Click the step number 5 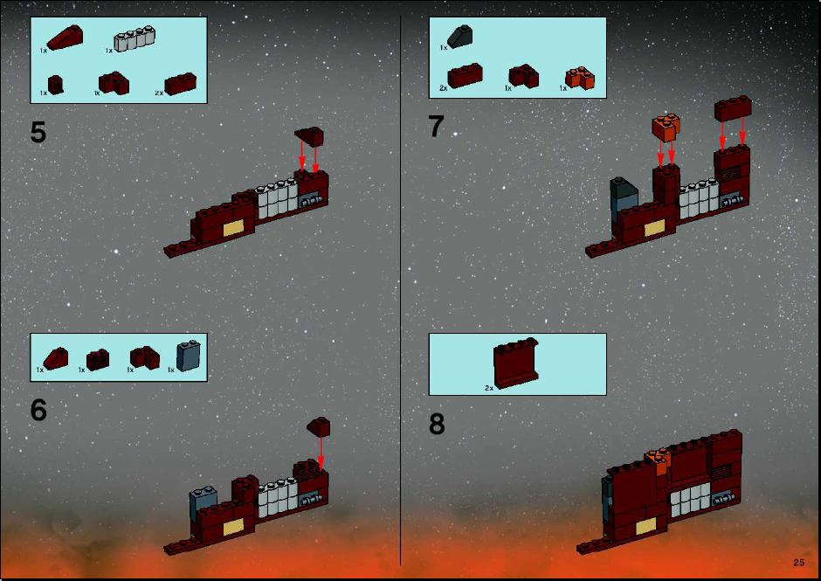coord(38,132)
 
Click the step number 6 coord(38,410)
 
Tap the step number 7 coord(436,127)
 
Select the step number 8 coord(437,424)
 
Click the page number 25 coord(798,562)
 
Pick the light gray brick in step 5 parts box coord(135,39)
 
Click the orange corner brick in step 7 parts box coord(580,78)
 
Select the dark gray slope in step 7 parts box coord(460,37)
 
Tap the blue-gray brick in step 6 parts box coord(189,356)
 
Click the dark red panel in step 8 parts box coord(515,363)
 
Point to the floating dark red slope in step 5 coord(309,136)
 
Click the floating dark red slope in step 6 coord(318,426)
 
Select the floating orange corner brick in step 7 coord(666,128)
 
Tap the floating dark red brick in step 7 coord(733,108)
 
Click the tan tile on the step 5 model coord(233,228)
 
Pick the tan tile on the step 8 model coord(646,527)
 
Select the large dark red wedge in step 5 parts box coord(65,38)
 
